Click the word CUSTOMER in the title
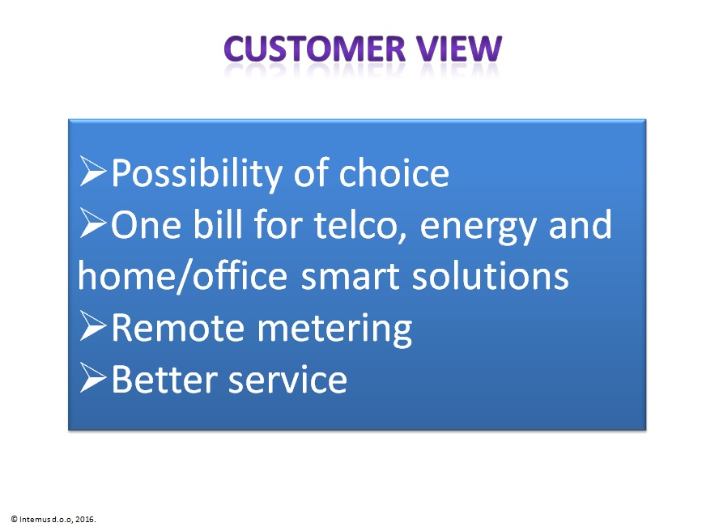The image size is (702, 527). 315,49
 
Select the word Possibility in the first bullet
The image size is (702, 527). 197,174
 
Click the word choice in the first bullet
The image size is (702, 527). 394,172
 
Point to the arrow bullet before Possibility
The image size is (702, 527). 92,171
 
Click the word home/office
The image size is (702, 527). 182,276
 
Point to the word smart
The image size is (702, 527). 350,278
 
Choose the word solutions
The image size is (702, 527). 490,275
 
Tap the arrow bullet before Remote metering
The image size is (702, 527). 92,326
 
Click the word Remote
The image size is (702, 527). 178,327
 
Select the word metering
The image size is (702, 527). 334,330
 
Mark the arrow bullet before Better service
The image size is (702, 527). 92,378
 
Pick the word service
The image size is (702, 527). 288,379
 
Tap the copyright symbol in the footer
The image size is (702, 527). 14,520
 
